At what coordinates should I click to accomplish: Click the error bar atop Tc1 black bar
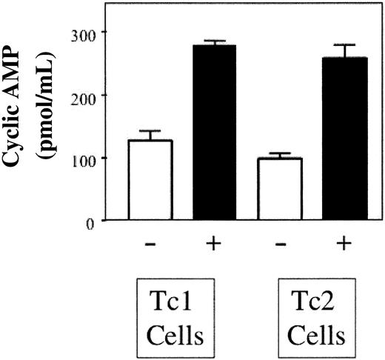tap(215, 41)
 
